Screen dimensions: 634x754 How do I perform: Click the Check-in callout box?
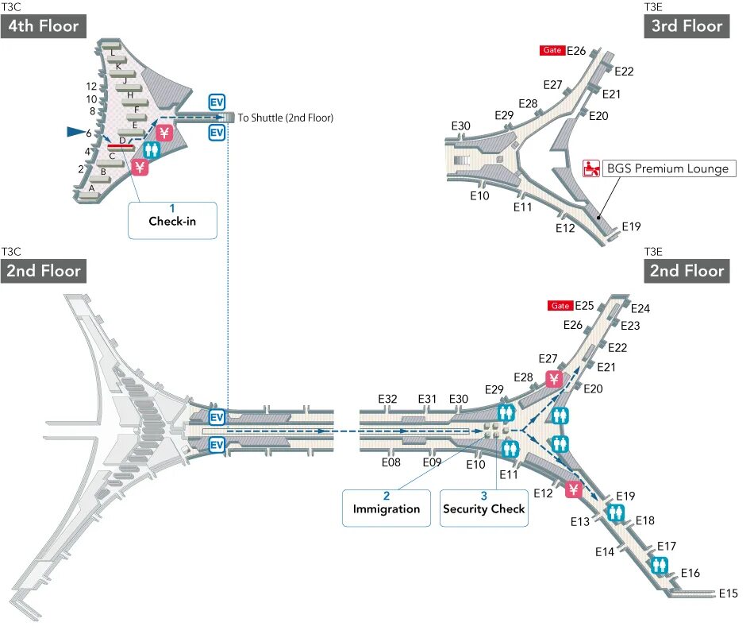pos(172,220)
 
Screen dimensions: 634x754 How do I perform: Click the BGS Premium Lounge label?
pos(667,168)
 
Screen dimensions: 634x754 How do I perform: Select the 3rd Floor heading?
pos(686,26)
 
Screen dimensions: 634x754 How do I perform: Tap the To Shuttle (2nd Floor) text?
pos(286,118)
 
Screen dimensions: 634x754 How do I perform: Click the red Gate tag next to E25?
pos(560,306)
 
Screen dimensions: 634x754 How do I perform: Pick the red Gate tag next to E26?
pos(552,51)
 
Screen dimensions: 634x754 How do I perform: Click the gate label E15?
pos(728,593)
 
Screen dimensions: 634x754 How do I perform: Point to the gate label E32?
pos(387,399)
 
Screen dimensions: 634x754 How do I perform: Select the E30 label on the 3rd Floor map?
pos(460,126)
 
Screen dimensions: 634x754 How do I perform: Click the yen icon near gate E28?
pos(554,378)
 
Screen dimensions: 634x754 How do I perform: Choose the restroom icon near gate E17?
pos(659,566)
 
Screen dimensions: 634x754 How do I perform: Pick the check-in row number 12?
pos(91,87)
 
